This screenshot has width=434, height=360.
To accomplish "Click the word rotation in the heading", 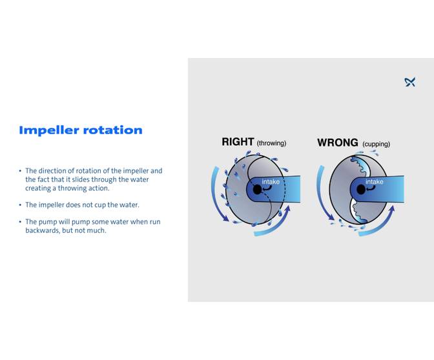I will click(x=111, y=130).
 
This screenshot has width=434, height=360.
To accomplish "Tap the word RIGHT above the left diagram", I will click(x=238, y=142).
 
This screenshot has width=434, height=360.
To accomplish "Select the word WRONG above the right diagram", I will click(x=338, y=142).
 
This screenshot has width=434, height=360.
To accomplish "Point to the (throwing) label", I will click(x=271, y=143).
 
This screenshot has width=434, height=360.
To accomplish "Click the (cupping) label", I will click(x=376, y=144).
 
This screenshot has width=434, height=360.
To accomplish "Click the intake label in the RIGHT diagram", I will click(x=271, y=182).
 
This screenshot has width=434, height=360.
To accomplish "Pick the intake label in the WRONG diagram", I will click(x=375, y=182).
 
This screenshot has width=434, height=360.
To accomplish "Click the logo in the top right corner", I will click(x=409, y=82).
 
